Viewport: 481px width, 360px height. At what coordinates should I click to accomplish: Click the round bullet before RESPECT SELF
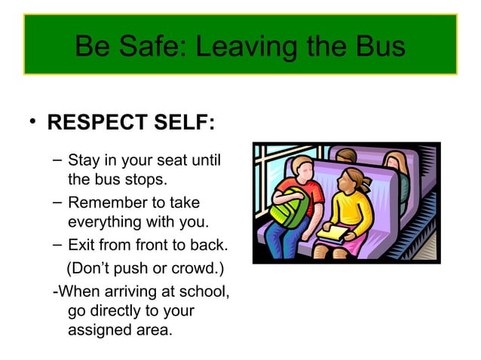point(34,123)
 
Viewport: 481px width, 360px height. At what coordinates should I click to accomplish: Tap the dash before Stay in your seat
point(58,160)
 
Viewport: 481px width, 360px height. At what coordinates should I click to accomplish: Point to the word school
point(201,290)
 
